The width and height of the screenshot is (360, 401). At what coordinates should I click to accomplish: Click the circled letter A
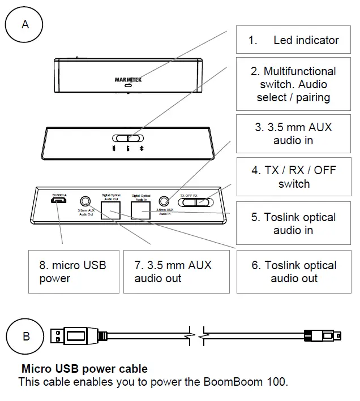(24, 24)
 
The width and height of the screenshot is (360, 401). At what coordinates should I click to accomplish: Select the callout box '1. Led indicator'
(293, 40)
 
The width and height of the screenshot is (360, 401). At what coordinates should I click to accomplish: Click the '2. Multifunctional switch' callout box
(293, 84)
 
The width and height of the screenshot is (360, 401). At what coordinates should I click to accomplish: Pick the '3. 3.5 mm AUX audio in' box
(293, 133)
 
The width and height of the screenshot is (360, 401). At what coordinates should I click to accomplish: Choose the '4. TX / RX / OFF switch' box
(293, 176)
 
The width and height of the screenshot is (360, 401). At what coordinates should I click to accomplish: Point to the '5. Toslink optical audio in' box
(293, 223)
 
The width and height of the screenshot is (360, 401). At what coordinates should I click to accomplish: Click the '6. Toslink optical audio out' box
(293, 271)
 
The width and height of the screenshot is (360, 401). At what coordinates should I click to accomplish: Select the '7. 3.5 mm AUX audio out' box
(177, 271)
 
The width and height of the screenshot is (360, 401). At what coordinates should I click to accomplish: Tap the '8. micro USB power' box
(74, 271)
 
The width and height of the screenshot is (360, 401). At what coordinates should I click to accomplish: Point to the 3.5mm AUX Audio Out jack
(85, 201)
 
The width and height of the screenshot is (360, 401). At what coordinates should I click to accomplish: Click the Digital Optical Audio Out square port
(111, 210)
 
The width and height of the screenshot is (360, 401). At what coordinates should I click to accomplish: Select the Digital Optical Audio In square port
(141, 210)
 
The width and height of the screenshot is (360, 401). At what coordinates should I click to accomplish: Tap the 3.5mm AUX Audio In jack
(165, 201)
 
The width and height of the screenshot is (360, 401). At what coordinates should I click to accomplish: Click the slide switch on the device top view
(128, 137)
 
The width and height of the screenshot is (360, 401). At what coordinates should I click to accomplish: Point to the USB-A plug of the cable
(71, 336)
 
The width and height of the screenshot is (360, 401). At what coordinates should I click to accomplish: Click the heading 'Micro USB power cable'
(84, 369)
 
